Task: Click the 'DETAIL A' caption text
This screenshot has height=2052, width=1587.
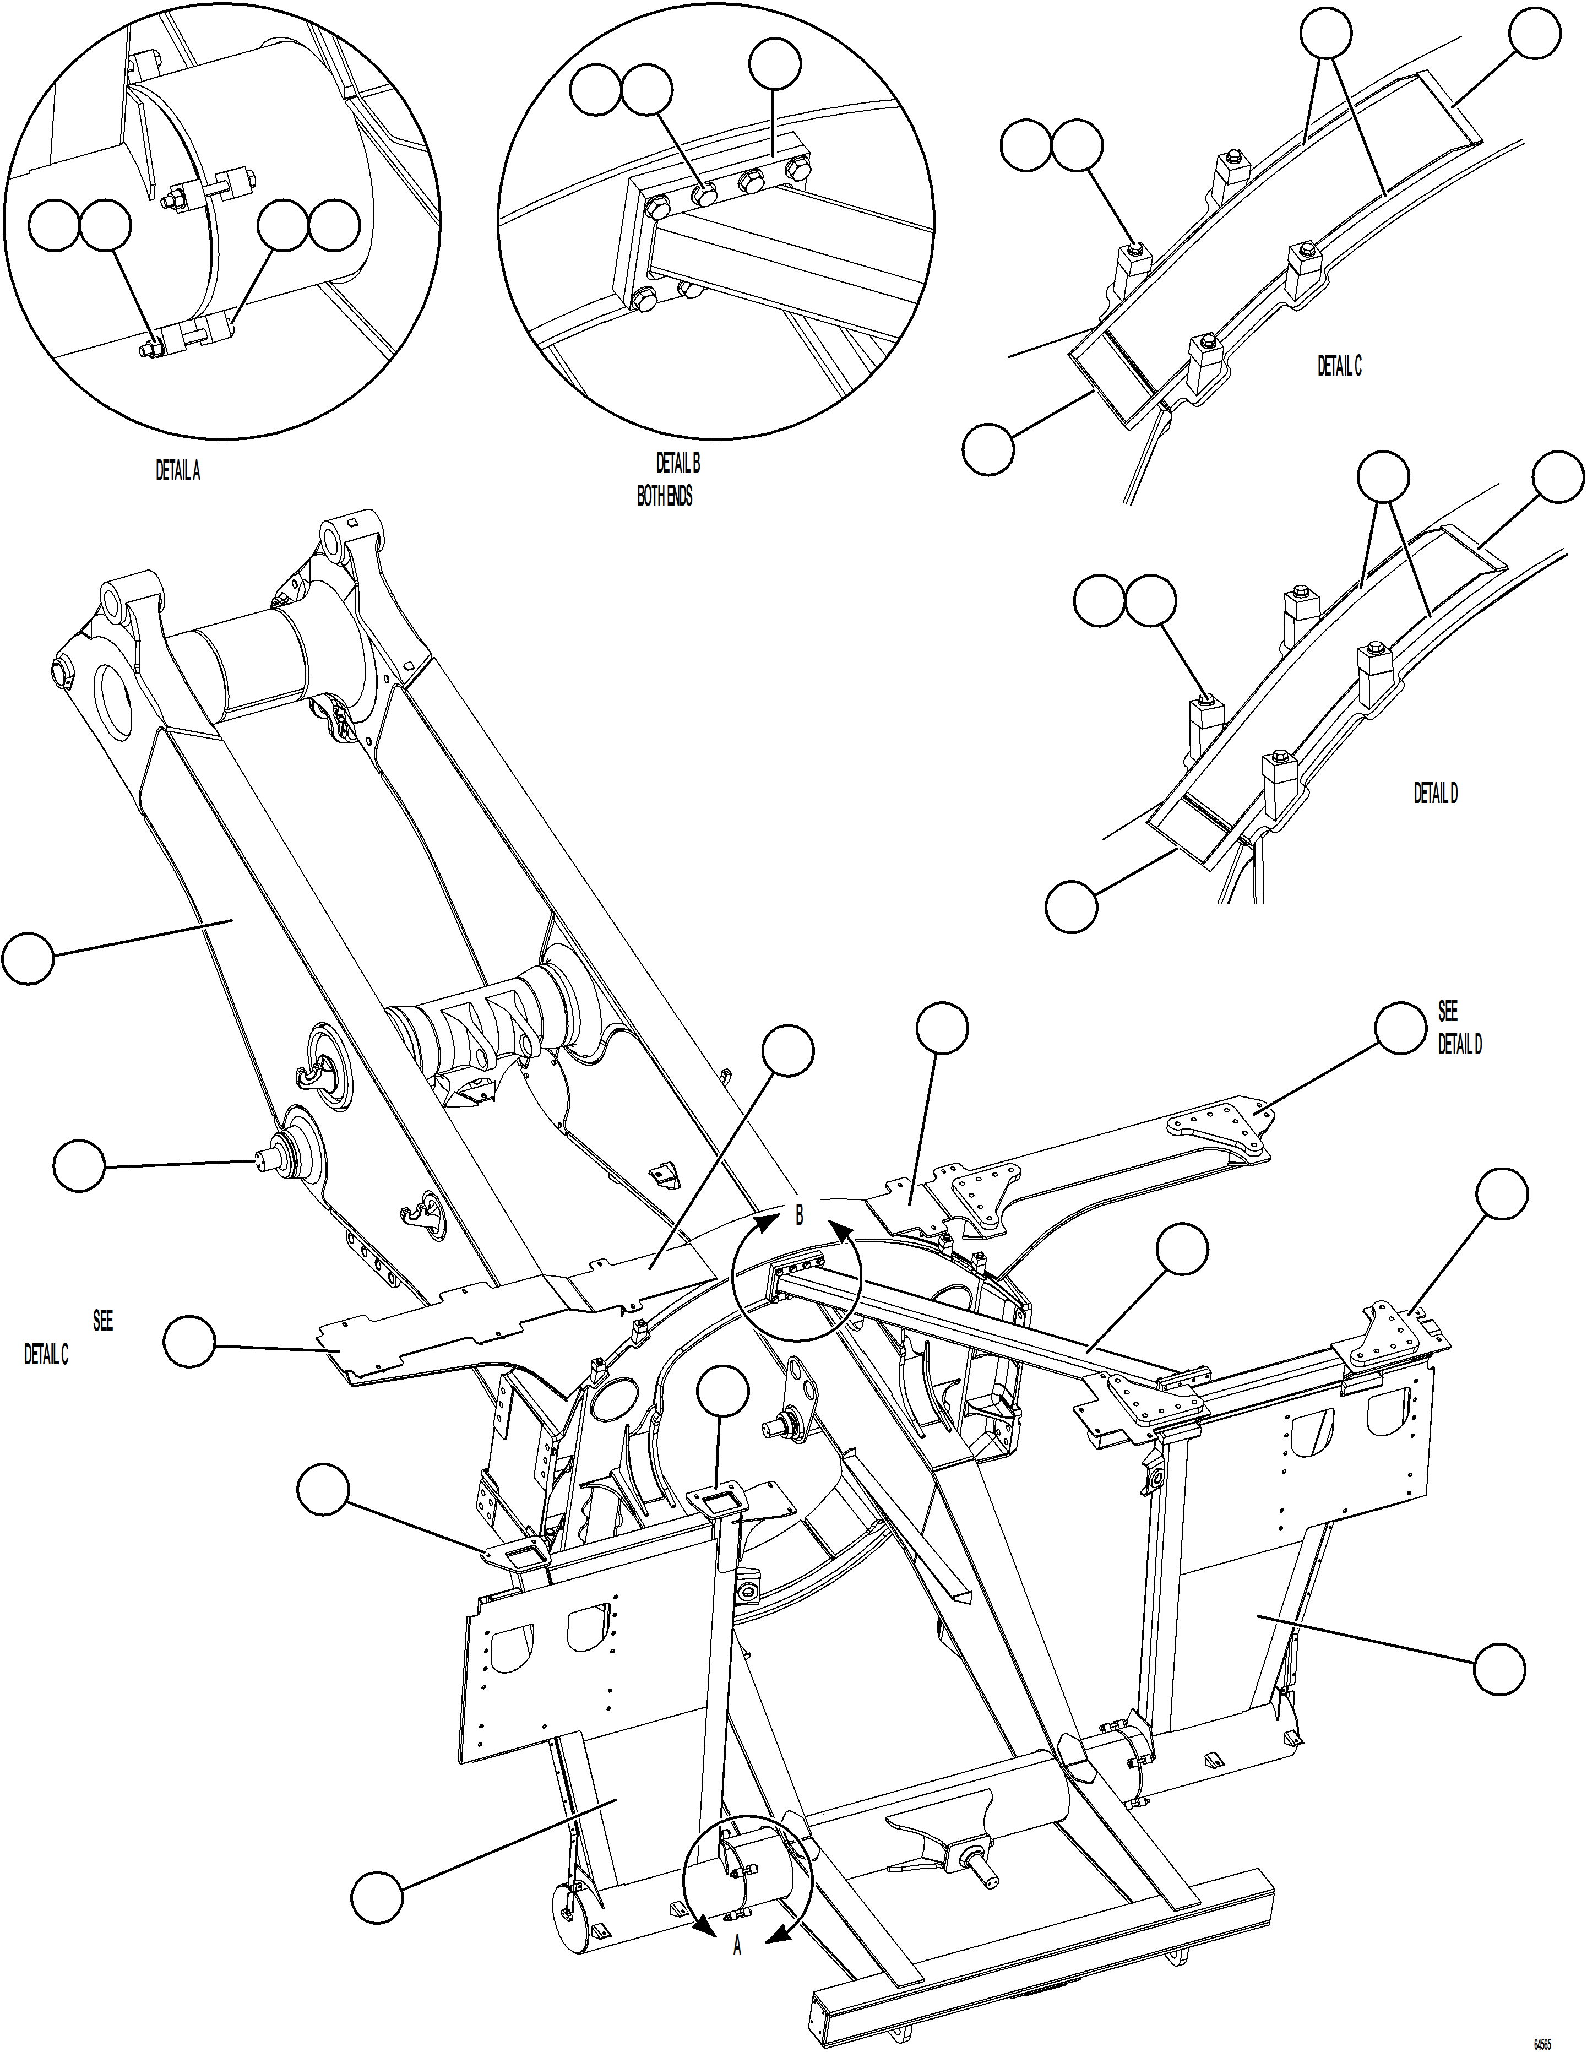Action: click(x=177, y=471)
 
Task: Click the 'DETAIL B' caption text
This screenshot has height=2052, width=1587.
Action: click(x=677, y=463)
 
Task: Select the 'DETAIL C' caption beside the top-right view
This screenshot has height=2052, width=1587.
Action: click(x=1339, y=366)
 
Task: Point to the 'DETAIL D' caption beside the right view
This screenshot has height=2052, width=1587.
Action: click(x=1436, y=794)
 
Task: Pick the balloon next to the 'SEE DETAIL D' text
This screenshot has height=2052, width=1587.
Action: click(x=1400, y=1028)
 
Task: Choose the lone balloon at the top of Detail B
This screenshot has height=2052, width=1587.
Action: click(x=775, y=64)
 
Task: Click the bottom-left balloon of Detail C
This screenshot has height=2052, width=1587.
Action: click(x=988, y=448)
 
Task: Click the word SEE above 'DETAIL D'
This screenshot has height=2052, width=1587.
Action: click(x=1447, y=1011)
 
